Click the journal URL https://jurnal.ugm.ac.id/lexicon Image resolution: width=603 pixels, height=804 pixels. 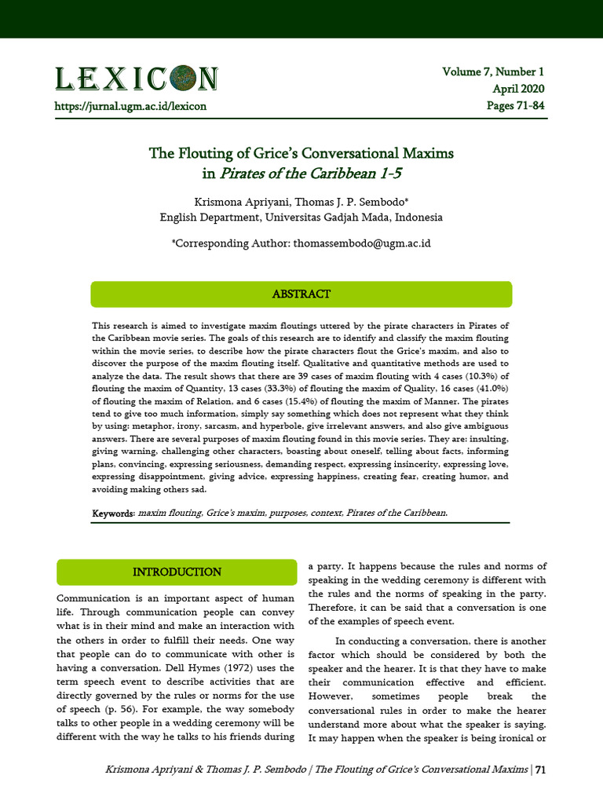point(130,105)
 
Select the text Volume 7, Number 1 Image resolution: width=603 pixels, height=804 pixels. point(492,72)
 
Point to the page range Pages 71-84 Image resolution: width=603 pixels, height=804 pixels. point(515,105)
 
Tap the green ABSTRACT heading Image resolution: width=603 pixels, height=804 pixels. point(301,294)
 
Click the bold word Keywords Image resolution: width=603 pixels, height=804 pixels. point(113,513)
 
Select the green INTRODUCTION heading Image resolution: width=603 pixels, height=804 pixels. point(177,572)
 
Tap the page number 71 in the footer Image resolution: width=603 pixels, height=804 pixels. point(540,769)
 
